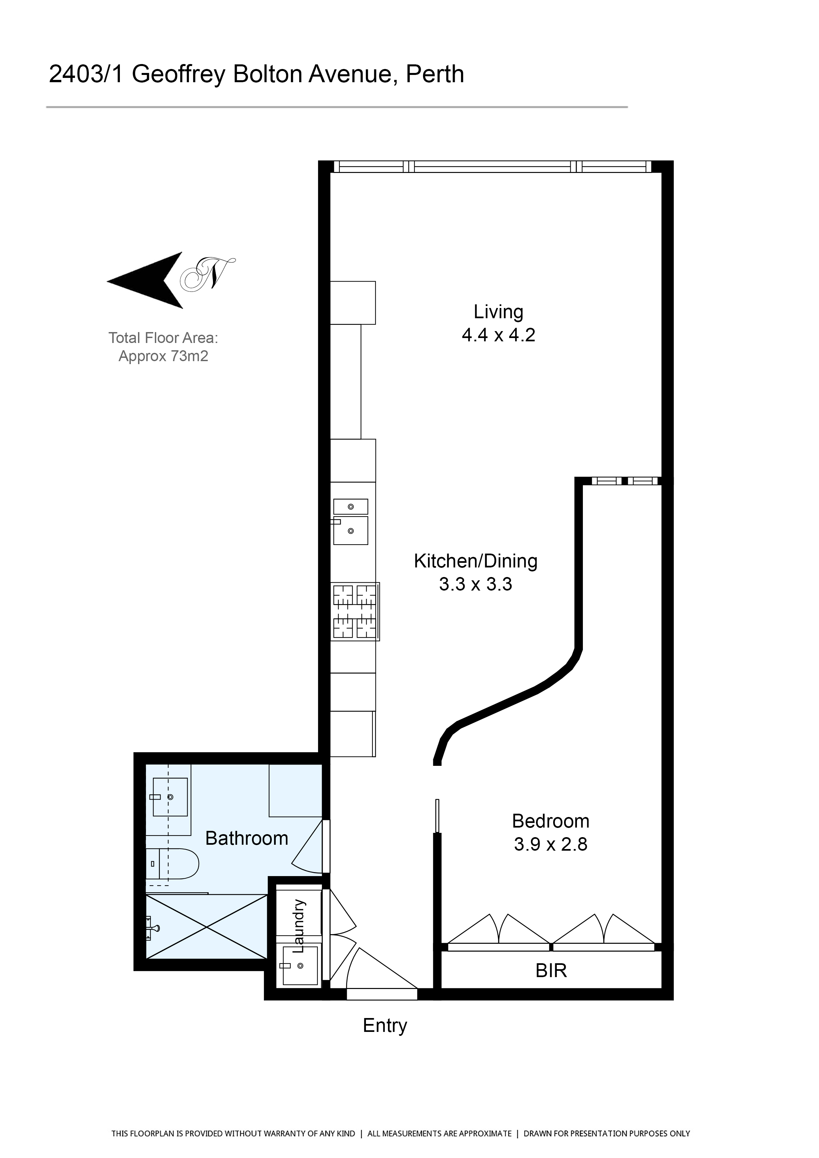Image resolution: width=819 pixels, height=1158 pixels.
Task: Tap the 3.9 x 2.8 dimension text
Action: coord(551,844)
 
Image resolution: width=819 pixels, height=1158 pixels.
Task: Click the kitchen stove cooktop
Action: coord(355,612)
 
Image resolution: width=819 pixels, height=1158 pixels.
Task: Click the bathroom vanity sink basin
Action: coord(170,797)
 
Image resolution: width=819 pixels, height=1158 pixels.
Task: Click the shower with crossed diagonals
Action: coord(206,927)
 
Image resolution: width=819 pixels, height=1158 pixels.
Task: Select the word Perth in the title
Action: coord(435,74)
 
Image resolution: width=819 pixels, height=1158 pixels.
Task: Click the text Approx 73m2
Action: coord(163,356)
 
